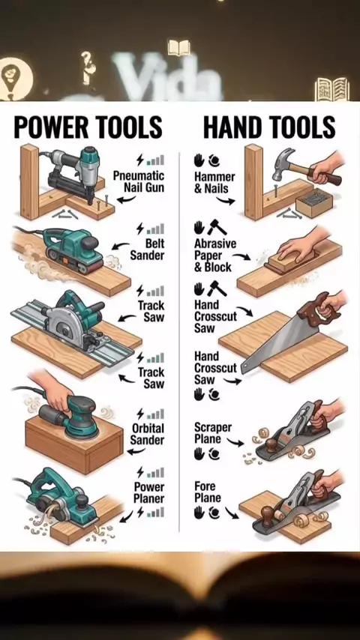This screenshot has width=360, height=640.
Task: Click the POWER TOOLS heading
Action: pyautogui.click(x=88, y=127)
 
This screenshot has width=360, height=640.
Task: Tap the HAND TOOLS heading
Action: pyautogui.click(x=269, y=127)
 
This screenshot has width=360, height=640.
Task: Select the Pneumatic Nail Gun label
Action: pyautogui.click(x=139, y=181)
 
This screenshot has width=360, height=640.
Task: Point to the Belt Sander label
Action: pyautogui.click(x=147, y=250)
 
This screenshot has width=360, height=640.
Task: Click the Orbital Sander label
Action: pyautogui.click(x=148, y=434)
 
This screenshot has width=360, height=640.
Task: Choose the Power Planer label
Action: pyautogui.click(x=149, y=492)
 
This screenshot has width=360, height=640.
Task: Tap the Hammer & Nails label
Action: pyautogui.click(x=214, y=183)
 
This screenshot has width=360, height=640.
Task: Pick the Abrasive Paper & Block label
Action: pyautogui.click(x=215, y=256)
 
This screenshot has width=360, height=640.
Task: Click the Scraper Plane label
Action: pyautogui.click(x=213, y=433)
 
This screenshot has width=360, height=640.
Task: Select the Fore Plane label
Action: pyautogui.click(x=207, y=492)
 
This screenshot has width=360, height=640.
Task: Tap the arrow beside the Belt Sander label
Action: pyautogui.click(x=120, y=247)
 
